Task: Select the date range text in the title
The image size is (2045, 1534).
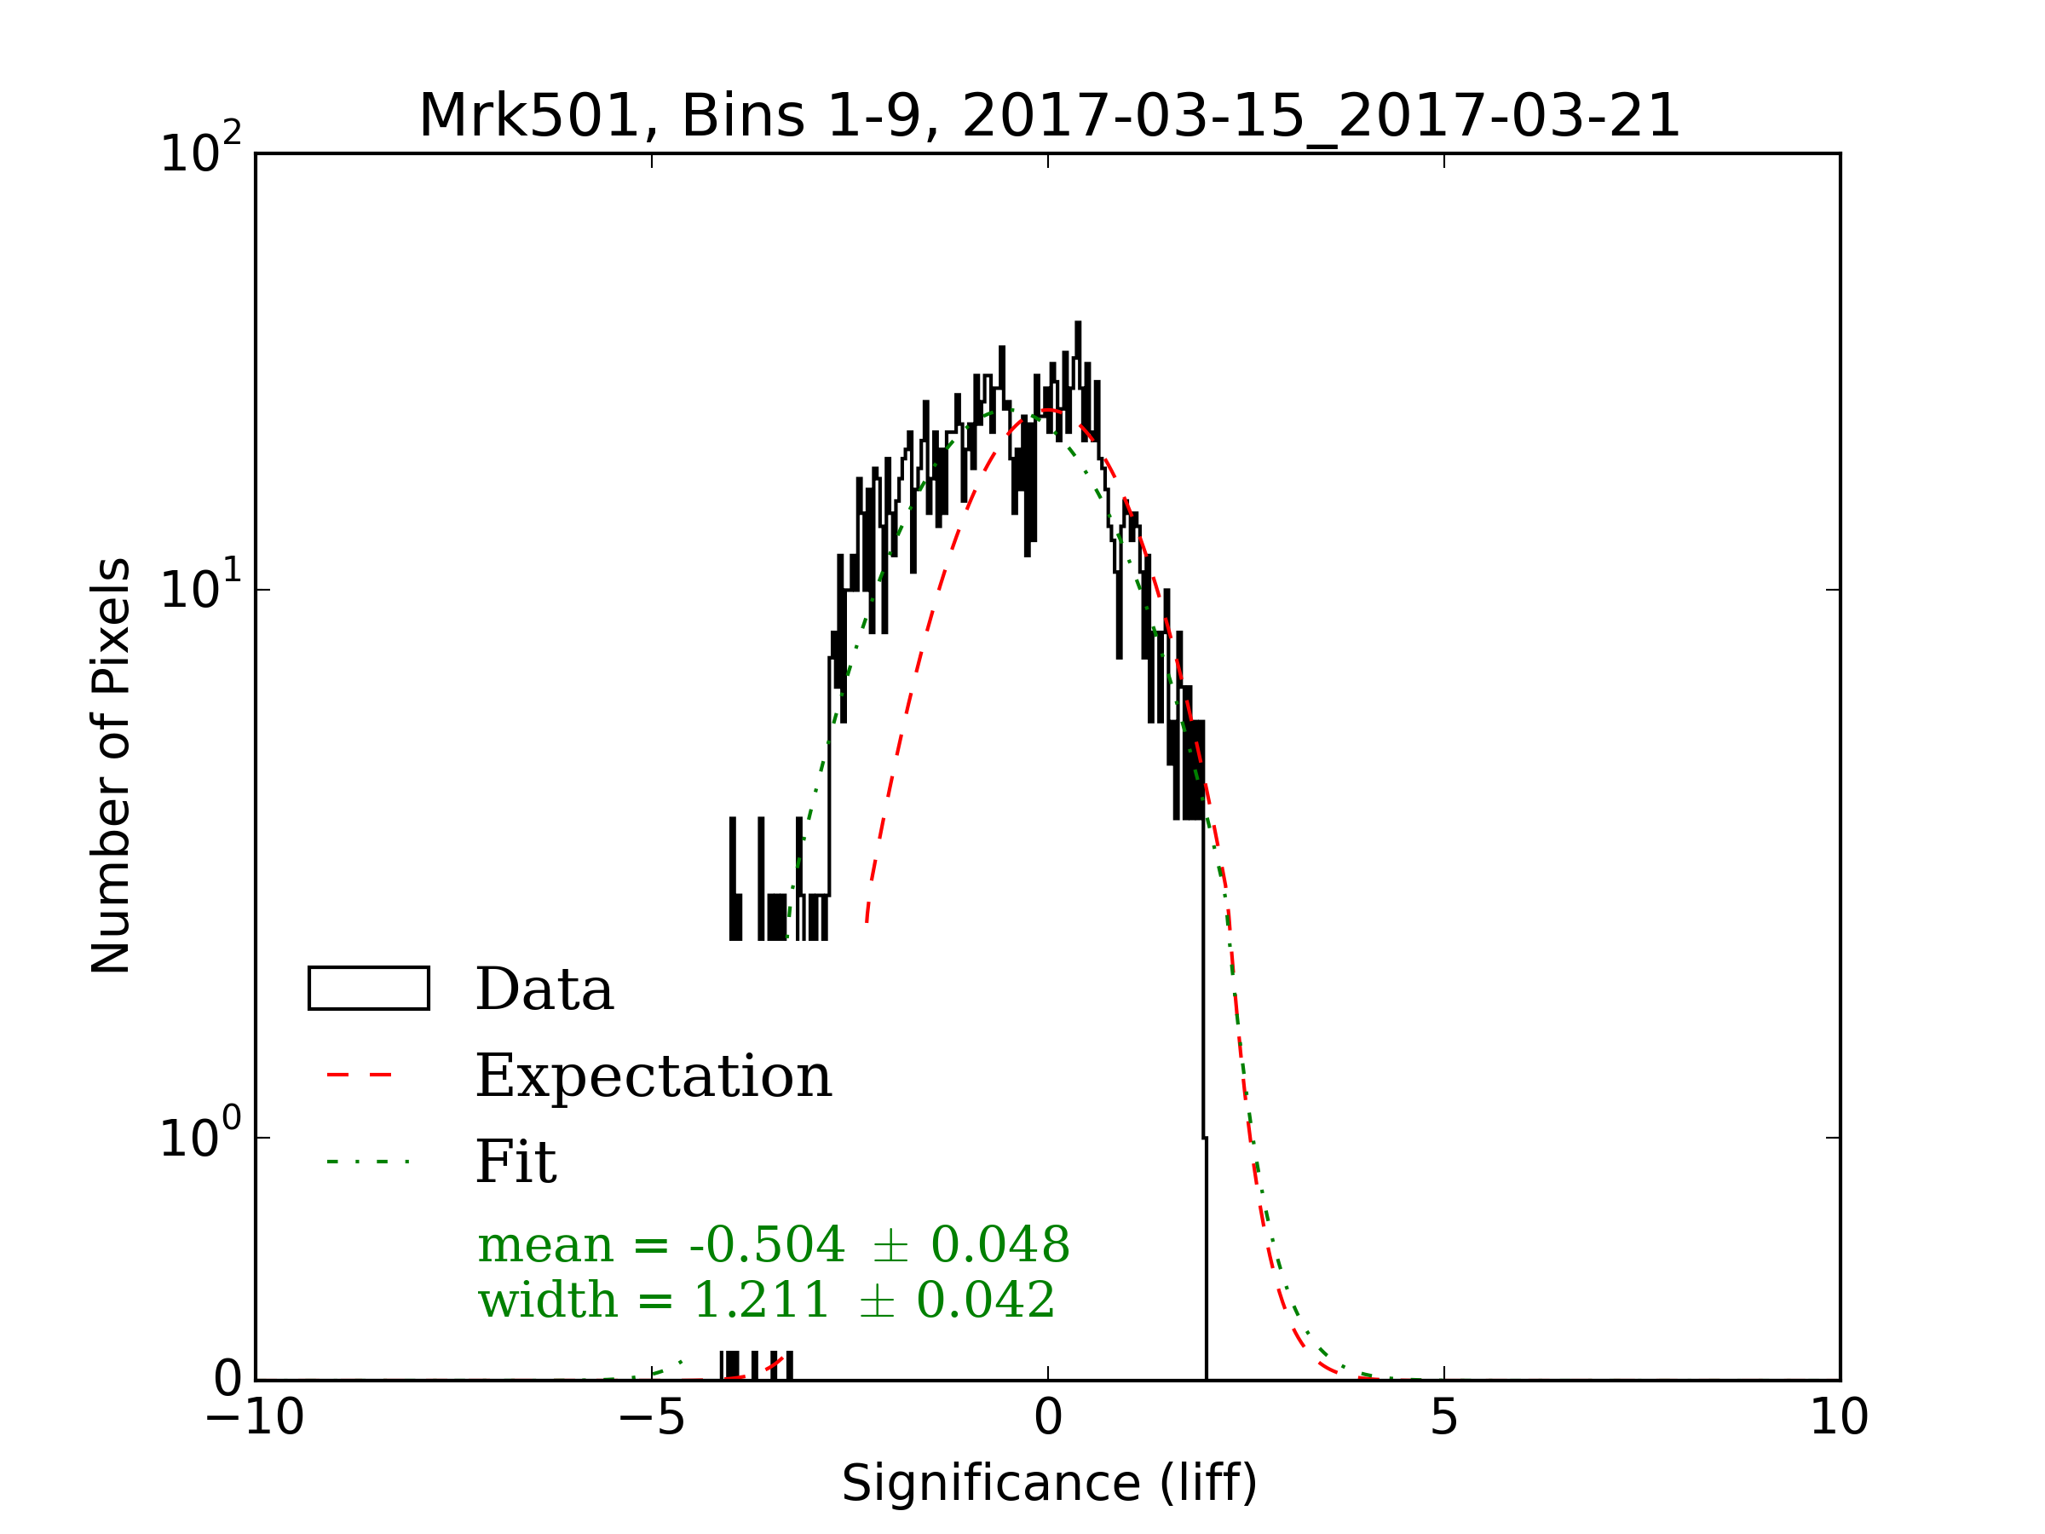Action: click(x=1320, y=118)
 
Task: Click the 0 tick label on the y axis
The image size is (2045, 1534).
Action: click(x=228, y=1380)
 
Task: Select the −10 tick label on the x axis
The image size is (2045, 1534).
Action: click(x=255, y=1417)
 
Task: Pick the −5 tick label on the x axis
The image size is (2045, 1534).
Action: click(x=652, y=1417)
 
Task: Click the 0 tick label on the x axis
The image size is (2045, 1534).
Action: click(x=1048, y=1417)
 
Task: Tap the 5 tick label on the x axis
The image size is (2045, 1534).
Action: click(x=1444, y=1417)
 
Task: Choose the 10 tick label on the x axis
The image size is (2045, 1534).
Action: click(x=1839, y=1417)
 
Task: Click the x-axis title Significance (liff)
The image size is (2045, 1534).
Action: click(x=1049, y=1483)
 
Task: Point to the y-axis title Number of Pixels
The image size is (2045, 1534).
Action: click(x=111, y=765)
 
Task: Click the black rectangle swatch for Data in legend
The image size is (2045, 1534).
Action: click(x=369, y=989)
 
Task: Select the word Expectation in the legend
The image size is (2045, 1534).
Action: click(x=654, y=1076)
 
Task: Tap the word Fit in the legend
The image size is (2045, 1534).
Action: click(x=516, y=1162)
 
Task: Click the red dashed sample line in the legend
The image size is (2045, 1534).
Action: click(x=360, y=1076)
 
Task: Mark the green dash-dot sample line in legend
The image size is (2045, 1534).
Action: click(x=368, y=1162)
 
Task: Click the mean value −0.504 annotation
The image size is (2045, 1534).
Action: click(x=766, y=1244)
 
